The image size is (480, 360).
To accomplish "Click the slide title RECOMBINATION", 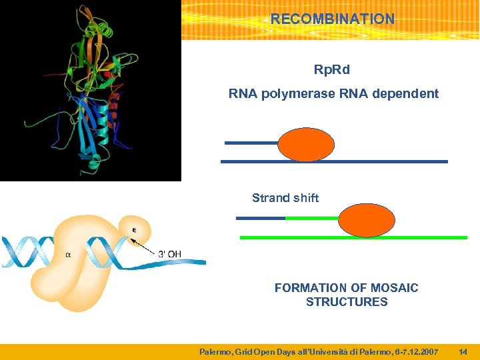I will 332,19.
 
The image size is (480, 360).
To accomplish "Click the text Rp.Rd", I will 332,70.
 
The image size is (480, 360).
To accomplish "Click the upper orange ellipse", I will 306,145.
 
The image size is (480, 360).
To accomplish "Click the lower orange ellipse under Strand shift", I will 367,220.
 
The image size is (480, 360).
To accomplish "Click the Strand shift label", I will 285,198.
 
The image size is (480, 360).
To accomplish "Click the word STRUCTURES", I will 347,302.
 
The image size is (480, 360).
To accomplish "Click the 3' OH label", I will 170,253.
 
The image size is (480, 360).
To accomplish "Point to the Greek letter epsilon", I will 134,230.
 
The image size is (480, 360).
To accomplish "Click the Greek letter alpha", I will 68,254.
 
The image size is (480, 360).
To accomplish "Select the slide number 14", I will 463,351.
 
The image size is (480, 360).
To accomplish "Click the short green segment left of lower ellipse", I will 312,218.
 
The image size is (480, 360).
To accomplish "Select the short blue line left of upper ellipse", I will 251,143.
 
